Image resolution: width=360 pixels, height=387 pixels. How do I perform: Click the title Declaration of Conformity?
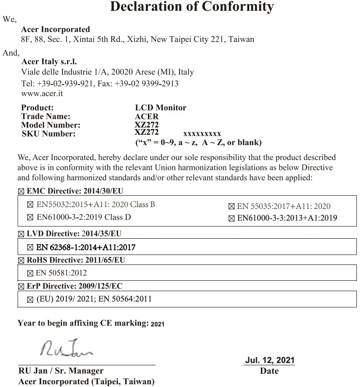[192, 7]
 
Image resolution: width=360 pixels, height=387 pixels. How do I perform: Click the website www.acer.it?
[42, 94]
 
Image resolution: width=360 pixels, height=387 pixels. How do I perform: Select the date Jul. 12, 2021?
[270, 360]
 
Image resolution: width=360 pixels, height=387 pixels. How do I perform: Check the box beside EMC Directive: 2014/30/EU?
[21, 191]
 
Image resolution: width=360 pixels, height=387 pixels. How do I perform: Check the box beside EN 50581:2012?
[30, 273]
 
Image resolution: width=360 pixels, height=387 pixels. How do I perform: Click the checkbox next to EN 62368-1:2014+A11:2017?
[30, 247]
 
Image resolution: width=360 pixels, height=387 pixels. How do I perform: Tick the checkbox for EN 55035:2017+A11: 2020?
[232, 207]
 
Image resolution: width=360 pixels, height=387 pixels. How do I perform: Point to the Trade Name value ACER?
[147, 116]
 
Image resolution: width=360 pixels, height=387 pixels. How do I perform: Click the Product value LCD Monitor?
[161, 108]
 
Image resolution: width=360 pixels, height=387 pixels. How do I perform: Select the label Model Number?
[51, 125]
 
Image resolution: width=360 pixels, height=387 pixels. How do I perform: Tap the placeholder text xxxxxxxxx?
[202, 134]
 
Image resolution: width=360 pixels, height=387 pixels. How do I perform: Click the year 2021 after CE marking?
[157, 324]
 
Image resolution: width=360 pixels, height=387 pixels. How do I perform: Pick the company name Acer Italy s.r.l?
[49, 62]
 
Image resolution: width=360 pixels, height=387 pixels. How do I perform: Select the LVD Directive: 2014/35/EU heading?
[74, 234]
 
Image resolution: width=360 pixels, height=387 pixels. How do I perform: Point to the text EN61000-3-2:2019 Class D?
[84, 217]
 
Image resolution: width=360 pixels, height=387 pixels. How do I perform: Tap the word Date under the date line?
[269, 371]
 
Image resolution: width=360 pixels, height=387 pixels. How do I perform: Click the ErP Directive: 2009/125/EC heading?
[75, 286]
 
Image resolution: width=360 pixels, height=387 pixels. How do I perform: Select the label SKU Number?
[48, 133]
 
